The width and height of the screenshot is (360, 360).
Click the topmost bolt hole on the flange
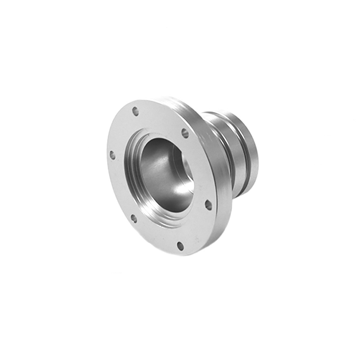(x=135, y=111)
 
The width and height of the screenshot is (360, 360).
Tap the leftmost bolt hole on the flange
(x=112, y=155)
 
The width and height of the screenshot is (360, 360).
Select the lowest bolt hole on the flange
(x=180, y=246)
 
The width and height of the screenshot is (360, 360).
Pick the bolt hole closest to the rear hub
(x=184, y=133)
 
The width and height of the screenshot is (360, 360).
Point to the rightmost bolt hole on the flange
(x=208, y=205)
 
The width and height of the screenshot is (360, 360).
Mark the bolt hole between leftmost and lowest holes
(x=134, y=219)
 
